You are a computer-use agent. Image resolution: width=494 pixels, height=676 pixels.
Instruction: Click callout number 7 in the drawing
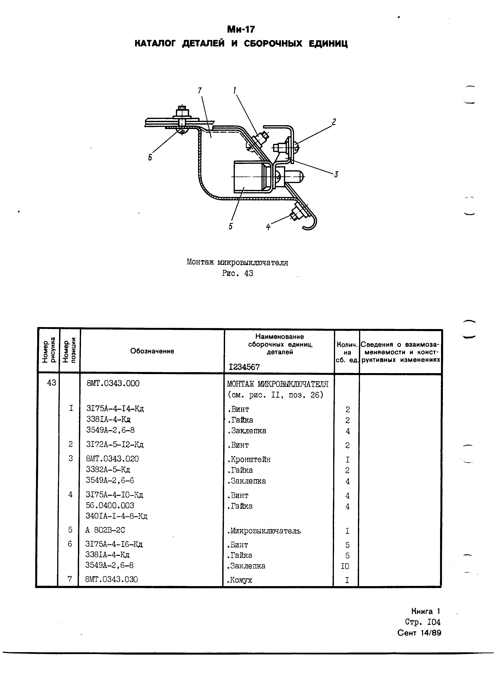point(200,90)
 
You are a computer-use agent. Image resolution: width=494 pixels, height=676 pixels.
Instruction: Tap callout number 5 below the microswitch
point(231,226)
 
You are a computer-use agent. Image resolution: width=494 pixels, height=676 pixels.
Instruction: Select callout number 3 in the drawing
point(336,174)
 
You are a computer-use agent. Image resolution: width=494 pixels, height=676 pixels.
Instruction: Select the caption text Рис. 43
point(237,273)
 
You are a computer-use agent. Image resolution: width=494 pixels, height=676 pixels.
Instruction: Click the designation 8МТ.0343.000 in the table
point(113,383)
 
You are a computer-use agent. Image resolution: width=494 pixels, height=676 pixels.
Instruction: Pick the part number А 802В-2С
point(105,530)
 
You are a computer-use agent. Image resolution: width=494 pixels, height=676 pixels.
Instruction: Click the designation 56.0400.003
point(110,505)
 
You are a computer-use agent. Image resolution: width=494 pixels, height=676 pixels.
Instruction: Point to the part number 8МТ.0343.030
point(111,579)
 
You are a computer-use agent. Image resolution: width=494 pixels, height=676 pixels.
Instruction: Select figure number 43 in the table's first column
point(51,383)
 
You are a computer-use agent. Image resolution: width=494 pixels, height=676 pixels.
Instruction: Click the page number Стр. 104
point(423,622)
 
